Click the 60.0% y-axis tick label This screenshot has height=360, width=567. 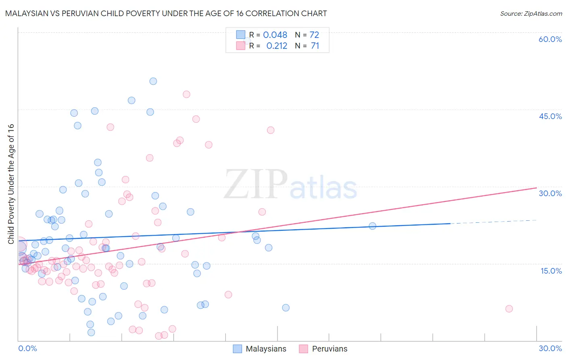[x=550, y=39]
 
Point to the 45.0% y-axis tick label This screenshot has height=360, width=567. [x=550, y=116]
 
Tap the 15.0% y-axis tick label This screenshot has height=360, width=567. [x=551, y=271]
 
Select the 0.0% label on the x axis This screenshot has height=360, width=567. [x=27, y=348]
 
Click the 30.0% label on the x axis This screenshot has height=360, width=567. [x=550, y=348]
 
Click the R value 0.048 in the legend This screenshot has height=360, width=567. [x=275, y=35]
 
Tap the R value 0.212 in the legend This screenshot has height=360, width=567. [x=277, y=46]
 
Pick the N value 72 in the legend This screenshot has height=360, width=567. [x=314, y=35]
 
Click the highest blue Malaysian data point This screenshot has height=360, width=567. [x=153, y=81]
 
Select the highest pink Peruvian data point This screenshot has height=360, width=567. [x=186, y=94]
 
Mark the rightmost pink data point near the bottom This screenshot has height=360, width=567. [x=509, y=309]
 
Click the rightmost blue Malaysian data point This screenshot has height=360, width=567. [x=373, y=226]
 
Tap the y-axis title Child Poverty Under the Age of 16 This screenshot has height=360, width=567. [x=11, y=184]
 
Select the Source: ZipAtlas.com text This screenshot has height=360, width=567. [x=531, y=14]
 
